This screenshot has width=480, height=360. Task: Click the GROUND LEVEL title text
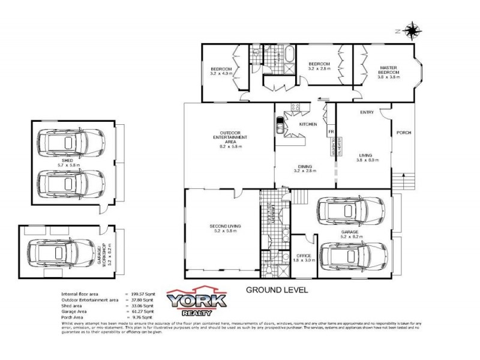277,289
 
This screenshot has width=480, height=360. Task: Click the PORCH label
404,133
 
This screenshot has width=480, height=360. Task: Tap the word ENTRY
367,112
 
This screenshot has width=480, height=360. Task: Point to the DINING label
305,167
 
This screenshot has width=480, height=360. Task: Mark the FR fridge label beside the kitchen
330,130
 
